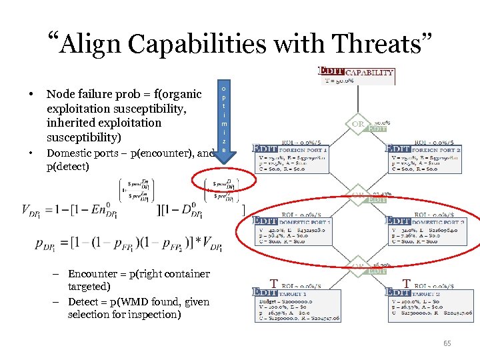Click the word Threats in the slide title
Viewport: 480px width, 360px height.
(377, 43)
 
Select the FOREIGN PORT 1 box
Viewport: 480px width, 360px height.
(289, 161)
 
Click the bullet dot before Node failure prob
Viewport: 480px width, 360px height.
(31, 95)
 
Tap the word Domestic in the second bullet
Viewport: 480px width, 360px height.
(72, 153)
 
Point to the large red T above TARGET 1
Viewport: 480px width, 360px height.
(274, 283)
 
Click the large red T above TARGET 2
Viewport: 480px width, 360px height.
(406, 283)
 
